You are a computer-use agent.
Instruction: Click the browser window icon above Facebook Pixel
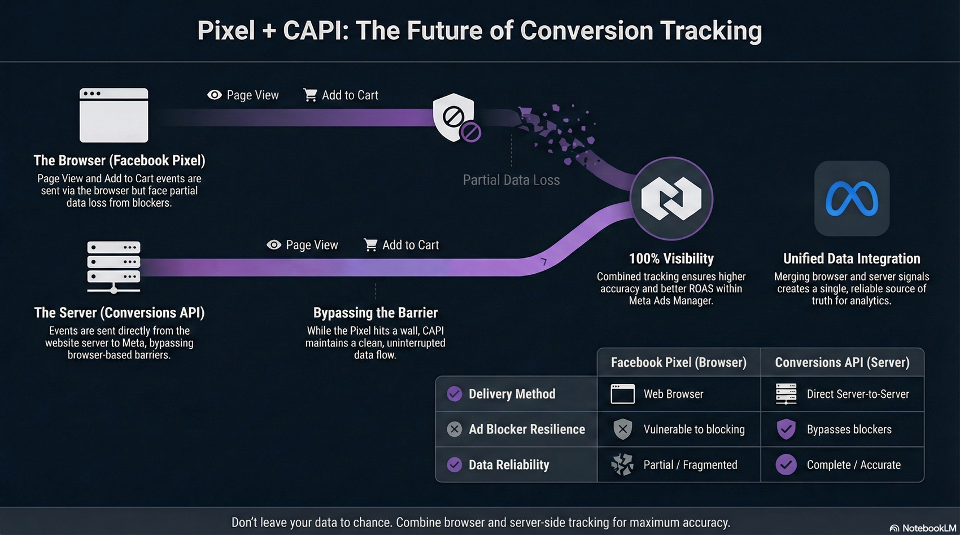pos(114,115)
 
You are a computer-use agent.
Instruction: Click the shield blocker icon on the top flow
pos(453,117)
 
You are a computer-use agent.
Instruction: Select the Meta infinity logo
pos(852,199)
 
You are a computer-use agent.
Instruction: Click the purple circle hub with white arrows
pos(671,199)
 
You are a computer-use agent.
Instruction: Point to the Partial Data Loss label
pos(511,180)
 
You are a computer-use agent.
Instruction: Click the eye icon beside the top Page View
pos(215,95)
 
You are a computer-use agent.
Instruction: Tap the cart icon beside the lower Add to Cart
pos(370,245)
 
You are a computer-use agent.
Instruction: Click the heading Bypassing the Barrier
pos(376,313)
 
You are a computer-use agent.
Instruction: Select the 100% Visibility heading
pos(671,258)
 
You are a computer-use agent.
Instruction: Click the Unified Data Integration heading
pos(852,258)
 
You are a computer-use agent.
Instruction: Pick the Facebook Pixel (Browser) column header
pos(678,362)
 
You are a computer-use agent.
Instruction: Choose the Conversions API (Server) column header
pos(842,362)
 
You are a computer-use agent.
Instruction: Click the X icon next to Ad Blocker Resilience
pos(454,429)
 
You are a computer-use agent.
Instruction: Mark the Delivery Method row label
pos(512,394)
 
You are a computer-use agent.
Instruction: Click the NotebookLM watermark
pos(923,528)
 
